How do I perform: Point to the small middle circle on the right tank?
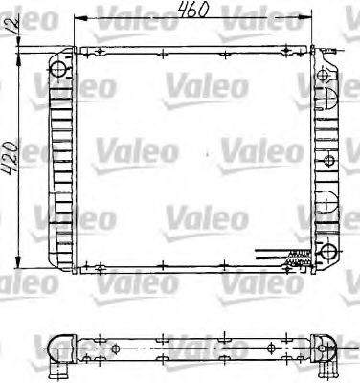(x=329, y=158)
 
